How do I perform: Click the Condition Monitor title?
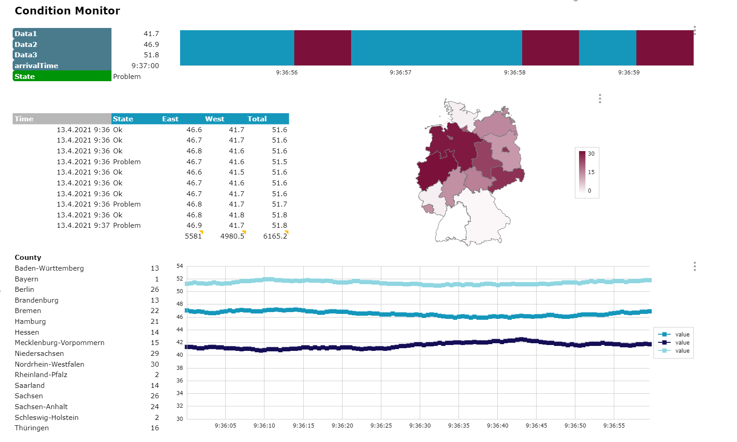click(67, 11)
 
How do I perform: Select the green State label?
click(62, 76)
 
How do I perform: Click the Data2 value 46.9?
click(151, 44)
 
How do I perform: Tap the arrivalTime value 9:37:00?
click(145, 66)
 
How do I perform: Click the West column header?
click(214, 119)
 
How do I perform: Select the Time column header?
click(62, 119)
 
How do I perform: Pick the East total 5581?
click(193, 236)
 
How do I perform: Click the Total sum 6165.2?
click(275, 236)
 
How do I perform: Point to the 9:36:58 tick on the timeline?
click(515, 72)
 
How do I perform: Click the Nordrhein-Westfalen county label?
click(50, 364)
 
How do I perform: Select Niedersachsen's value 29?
click(155, 354)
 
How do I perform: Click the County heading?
click(28, 258)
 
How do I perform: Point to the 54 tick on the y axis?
click(180, 266)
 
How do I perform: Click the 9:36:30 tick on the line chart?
click(420, 426)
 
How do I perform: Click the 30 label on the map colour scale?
click(591, 154)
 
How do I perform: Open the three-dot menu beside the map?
click(600, 99)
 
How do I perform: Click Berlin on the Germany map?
click(505, 150)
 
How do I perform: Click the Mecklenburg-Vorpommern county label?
click(60, 343)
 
